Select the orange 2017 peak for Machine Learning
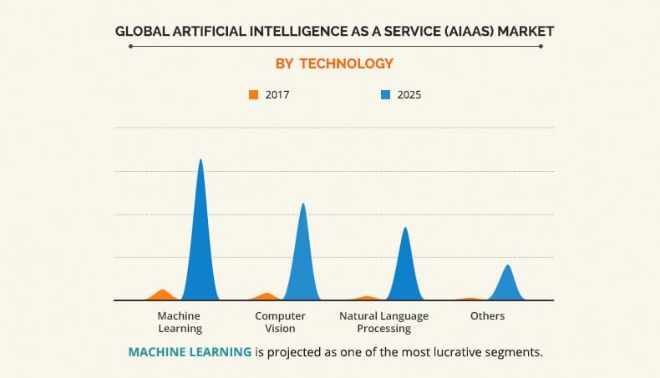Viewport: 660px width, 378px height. pyautogui.click(x=163, y=295)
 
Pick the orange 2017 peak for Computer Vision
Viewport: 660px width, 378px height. pyautogui.click(x=266, y=296)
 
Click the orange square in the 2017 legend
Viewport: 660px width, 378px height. pyautogui.click(x=254, y=94)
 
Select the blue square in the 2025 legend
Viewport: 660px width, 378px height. pyautogui.click(x=385, y=94)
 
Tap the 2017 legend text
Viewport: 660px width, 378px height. pyautogui.click(x=277, y=94)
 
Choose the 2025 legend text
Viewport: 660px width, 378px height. pyautogui.click(x=409, y=94)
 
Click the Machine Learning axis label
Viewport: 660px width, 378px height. pyautogui.click(x=180, y=322)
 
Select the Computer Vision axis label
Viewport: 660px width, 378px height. pyautogui.click(x=280, y=322)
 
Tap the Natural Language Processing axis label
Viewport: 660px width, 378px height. pyautogui.click(x=383, y=322)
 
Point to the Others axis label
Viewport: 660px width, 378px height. pyautogui.click(x=487, y=316)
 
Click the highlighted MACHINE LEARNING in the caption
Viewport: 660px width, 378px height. pyautogui.click(x=190, y=352)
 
